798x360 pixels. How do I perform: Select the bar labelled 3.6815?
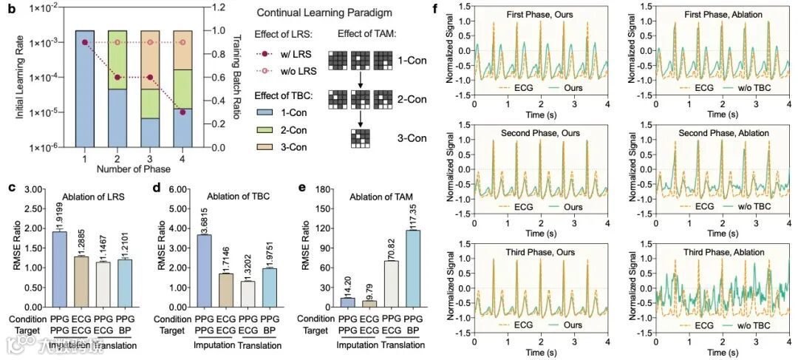pyautogui.click(x=183, y=271)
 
